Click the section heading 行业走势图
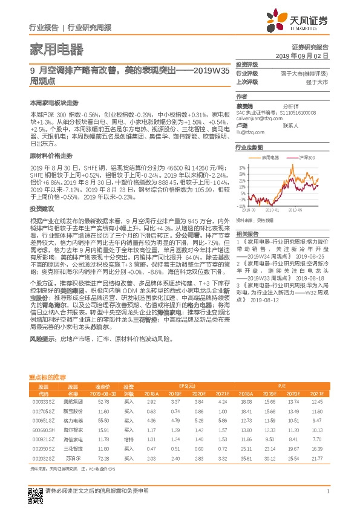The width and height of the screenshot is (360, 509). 249,147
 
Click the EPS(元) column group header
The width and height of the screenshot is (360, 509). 188,386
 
